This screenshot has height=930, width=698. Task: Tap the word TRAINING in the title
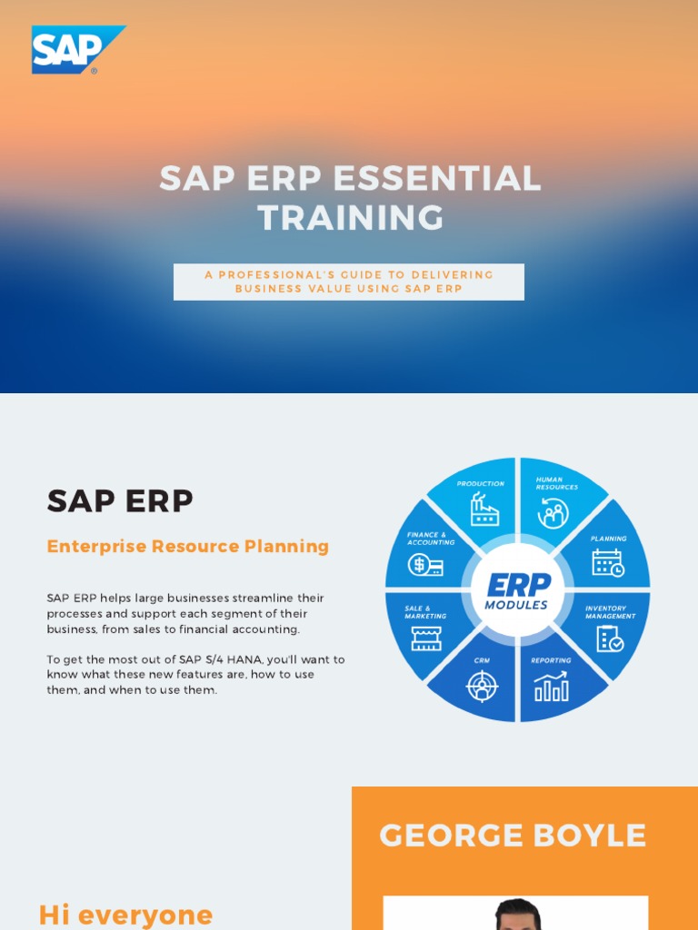(351, 218)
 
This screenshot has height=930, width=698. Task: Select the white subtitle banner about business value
(349, 282)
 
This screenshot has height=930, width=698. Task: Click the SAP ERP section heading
(120, 500)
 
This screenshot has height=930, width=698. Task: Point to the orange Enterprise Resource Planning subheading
(187, 546)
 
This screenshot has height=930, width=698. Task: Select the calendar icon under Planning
(607, 563)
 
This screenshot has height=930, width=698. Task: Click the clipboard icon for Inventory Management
(609, 639)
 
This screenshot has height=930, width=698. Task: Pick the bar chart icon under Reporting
(552, 688)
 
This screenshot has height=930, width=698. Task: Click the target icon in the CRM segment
(482, 687)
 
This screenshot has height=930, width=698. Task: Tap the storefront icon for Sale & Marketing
(425, 638)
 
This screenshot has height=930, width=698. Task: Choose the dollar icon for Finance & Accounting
(425, 564)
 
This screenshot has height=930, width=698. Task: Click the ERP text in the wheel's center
(518, 584)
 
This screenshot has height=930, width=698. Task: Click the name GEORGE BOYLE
(513, 836)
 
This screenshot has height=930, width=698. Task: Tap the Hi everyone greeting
(125, 915)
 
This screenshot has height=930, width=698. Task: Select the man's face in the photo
(518, 917)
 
